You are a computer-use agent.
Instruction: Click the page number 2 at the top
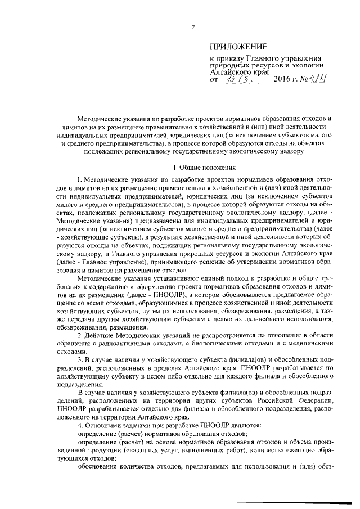(x=192, y=28)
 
